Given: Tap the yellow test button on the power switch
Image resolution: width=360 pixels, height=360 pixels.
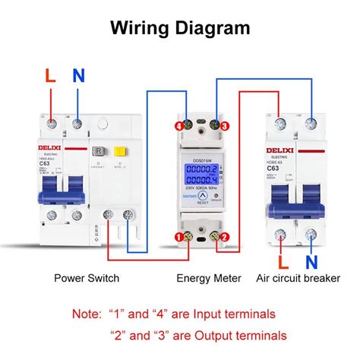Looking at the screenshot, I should tap(119, 151).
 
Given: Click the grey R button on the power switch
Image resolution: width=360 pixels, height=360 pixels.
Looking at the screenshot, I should tap(99, 151).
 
